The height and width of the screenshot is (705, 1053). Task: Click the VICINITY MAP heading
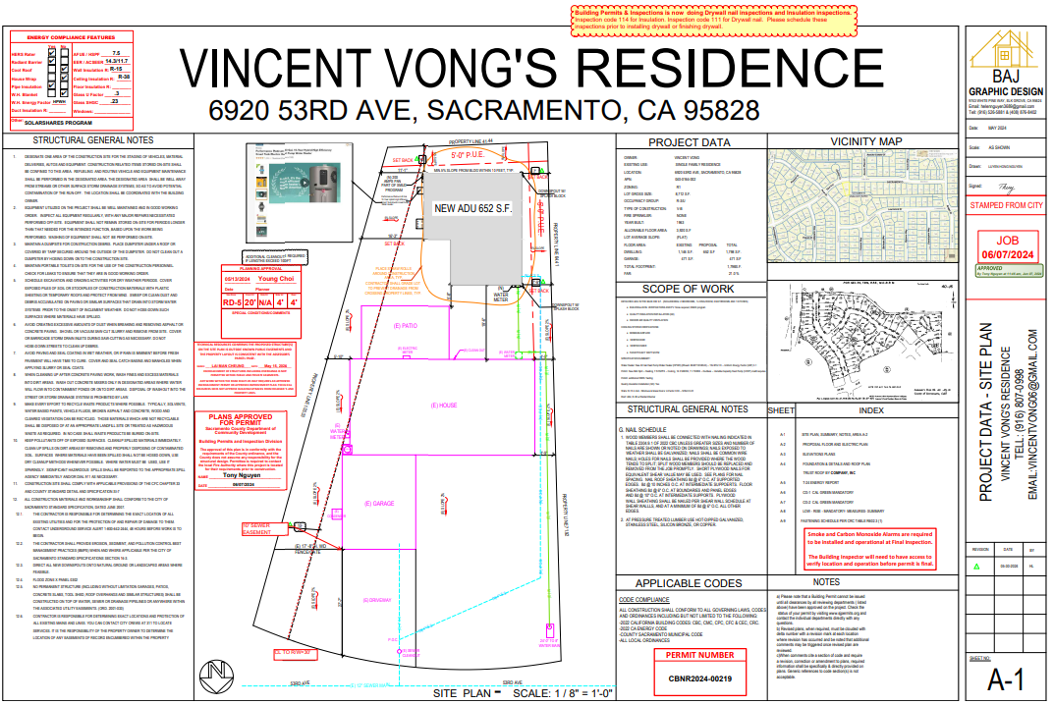pyautogui.click(x=865, y=142)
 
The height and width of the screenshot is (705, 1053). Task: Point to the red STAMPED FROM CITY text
pyautogui.click(x=1006, y=205)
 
